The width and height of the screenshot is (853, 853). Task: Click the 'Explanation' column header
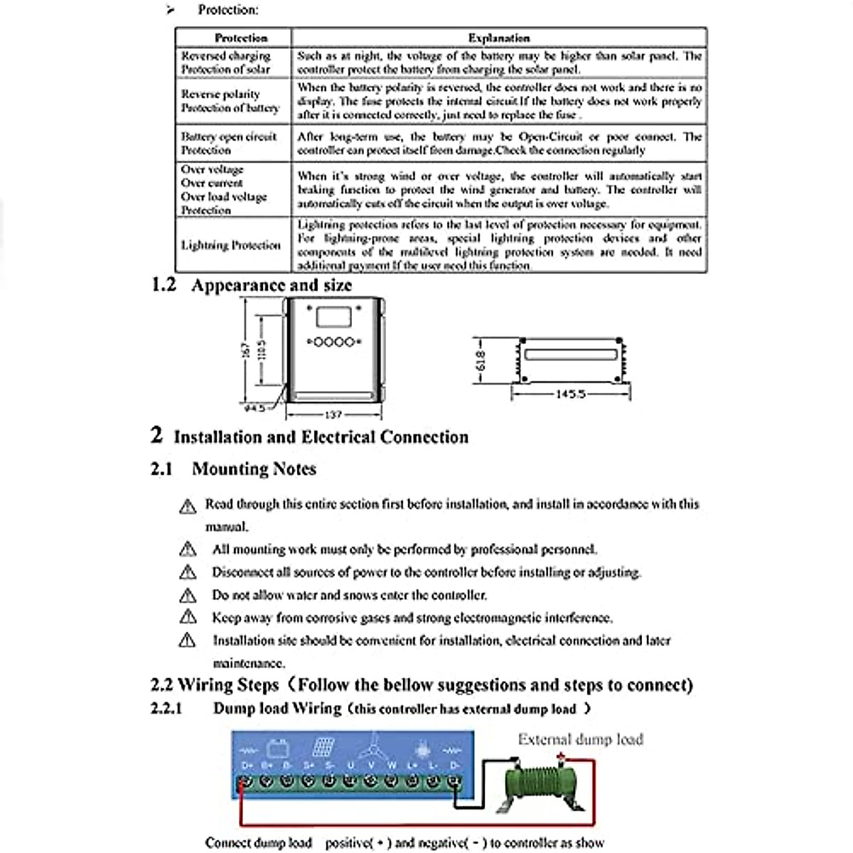(x=499, y=38)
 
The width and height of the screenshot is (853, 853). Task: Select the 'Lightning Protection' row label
(x=231, y=245)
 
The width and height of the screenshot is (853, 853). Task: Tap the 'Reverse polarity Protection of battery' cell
(x=230, y=101)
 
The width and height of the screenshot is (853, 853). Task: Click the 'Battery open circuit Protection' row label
(x=229, y=143)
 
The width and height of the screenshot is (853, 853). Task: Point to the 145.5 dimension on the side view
(x=571, y=393)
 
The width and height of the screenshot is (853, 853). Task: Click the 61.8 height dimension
(x=481, y=361)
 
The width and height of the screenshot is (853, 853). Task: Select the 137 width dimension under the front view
(x=333, y=414)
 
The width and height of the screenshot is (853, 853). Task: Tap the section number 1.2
(x=163, y=285)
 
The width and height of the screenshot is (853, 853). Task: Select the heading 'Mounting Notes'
(x=254, y=469)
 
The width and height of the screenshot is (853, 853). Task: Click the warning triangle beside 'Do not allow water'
(x=188, y=595)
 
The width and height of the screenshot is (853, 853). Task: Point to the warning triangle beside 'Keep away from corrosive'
(x=188, y=617)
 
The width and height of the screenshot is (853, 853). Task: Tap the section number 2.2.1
(x=166, y=709)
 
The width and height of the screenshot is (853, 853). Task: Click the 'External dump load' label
(x=580, y=739)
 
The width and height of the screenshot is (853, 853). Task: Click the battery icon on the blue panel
(x=277, y=748)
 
